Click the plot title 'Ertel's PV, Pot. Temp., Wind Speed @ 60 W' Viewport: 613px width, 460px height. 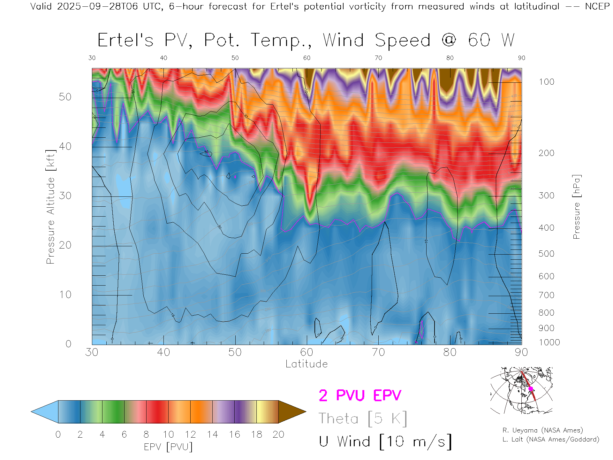point(306,41)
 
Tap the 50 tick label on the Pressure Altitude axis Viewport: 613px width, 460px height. point(65,97)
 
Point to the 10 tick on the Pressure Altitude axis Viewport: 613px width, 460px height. point(65,295)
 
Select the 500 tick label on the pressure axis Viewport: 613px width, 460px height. point(546,254)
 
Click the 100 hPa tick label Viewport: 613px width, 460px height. point(546,82)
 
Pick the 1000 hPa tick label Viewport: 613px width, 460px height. point(549,342)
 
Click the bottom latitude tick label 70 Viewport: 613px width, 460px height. point(378,352)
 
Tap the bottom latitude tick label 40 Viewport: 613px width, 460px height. point(163,352)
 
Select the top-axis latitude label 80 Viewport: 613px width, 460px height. point(450,58)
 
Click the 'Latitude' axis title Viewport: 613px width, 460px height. point(306,364)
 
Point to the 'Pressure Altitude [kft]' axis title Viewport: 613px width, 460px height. point(50,207)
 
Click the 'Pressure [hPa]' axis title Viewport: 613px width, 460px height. point(576,207)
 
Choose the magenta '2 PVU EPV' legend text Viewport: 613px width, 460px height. point(360,395)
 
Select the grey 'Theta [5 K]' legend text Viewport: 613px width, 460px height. point(363,418)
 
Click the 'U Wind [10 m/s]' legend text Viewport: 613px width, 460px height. point(385,442)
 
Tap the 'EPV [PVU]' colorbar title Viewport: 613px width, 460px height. point(168,447)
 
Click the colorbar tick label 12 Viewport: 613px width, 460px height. point(190,434)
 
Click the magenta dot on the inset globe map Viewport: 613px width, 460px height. point(531,389)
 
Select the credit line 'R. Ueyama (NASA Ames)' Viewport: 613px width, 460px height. point(542,430)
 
